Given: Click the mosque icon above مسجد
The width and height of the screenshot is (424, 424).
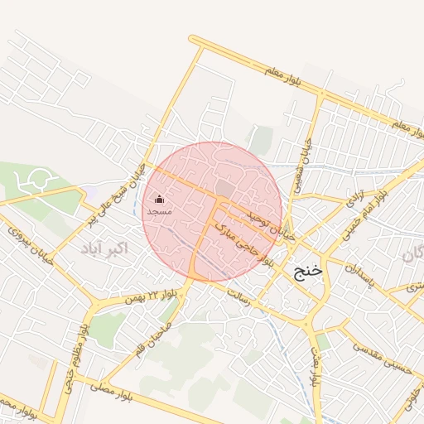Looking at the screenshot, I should [159, 199].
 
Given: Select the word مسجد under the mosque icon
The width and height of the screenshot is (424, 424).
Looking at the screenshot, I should [159, 212].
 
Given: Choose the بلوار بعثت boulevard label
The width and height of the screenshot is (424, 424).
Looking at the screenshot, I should [316, 368].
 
